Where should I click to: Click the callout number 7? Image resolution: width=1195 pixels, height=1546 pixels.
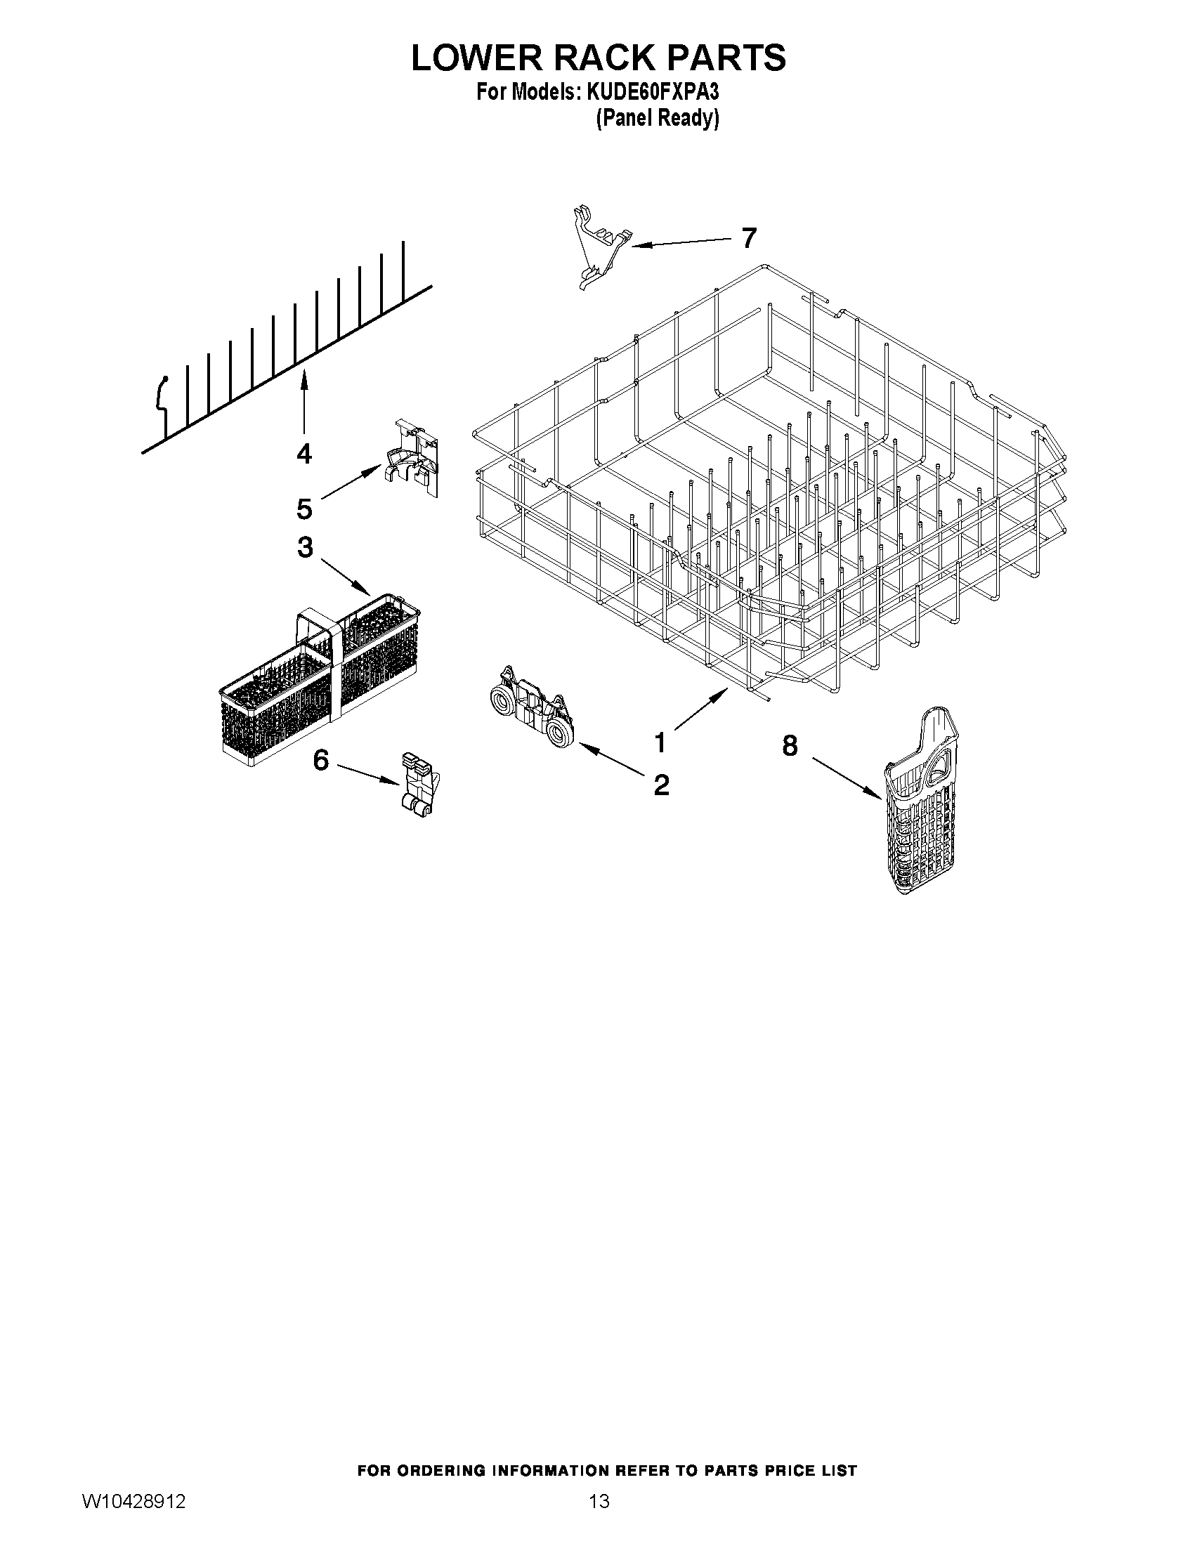(x=748, y=238)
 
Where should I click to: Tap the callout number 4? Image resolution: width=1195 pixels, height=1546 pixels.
(x=303, y=454)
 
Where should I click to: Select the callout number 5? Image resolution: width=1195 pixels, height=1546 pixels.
(x=303, y=509)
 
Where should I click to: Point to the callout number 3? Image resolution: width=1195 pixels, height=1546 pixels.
(x=305, y=546)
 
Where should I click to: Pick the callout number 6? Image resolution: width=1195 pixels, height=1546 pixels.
(x=320, y=760)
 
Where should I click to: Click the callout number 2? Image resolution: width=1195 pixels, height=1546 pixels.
(x=661, y=785)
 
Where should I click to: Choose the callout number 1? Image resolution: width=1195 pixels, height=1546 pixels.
(x=660, y=743)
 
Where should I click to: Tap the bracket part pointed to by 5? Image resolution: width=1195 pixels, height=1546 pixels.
(x=412, y=459)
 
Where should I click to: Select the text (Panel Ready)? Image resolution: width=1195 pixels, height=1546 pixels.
(x=657, y=118)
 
